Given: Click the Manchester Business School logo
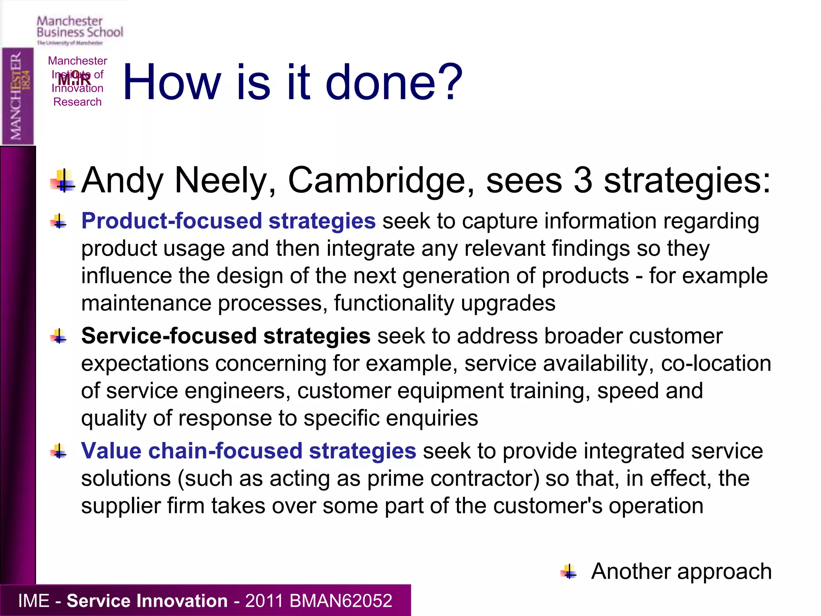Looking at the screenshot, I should point(79,30).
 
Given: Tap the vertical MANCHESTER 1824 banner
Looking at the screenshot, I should point(18,96).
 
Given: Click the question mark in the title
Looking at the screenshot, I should point(450,82).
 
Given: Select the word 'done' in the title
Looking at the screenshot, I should point(380,82).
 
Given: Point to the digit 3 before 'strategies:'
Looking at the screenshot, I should point(582,181).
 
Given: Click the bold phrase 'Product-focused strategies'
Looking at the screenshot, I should point(228,221).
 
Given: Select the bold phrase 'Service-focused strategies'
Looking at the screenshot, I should point(226,336).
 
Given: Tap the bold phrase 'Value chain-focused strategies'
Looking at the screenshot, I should point(249,451).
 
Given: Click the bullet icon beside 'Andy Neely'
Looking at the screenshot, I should point(63,181).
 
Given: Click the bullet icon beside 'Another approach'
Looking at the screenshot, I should point(568,571).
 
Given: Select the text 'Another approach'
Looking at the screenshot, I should point(681,571).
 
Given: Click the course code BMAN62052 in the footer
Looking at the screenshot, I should point(340,601).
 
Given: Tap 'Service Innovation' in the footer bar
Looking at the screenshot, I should point(147,601).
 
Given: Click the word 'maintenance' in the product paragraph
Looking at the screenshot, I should point(146,303).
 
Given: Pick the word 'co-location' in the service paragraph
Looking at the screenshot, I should point(716,363).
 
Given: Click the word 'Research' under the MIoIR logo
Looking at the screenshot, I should point(77,102).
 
